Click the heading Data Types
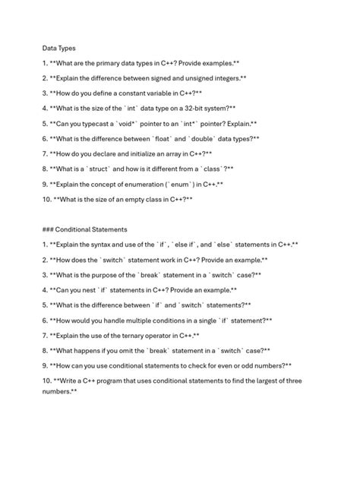pyautogui.click(x=59, y=48)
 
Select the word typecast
pyautogui.click(x=99, y=124)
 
